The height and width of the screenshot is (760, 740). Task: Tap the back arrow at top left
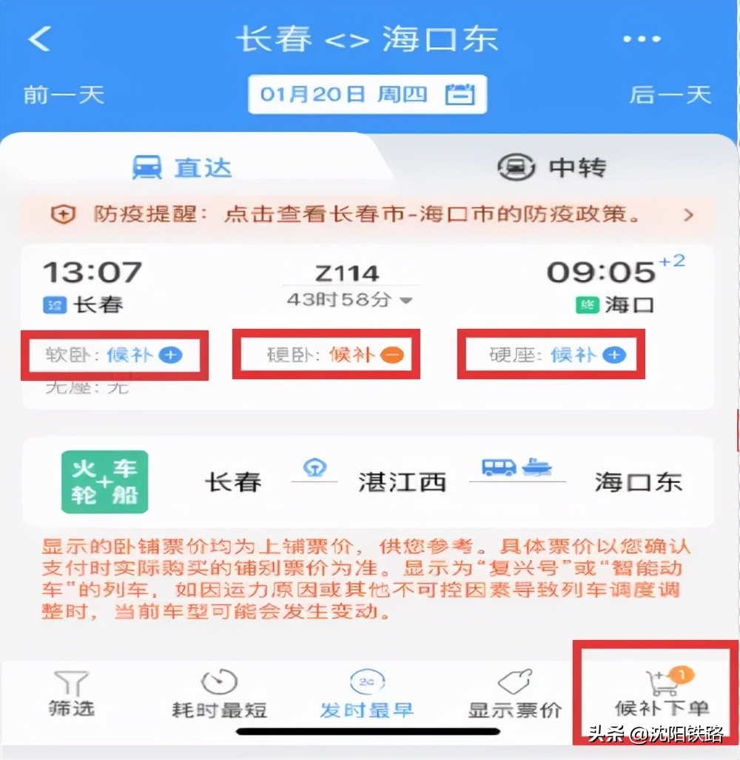(39, 39)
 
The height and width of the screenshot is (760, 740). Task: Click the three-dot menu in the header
(641, 39)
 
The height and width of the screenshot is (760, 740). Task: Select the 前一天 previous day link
(64, 95)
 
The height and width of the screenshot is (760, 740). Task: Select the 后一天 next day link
(670, 95)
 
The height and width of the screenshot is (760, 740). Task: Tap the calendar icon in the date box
(460, 95)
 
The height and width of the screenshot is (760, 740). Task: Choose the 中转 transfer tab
(551, 167)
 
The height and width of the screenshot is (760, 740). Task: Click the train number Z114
(347, 273)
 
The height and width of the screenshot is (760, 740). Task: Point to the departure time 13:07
(92, 272)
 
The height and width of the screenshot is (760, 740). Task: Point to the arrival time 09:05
(601, 272)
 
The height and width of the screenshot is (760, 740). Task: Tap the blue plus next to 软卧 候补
(171, 356)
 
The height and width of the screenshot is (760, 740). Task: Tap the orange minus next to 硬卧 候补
(392, 356)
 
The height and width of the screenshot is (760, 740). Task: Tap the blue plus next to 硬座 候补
(613, 356)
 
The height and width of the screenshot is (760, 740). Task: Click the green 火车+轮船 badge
(105, 482)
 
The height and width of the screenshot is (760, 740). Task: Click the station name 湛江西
(402, 483)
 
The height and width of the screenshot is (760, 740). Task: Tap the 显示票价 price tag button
(515, 694)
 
